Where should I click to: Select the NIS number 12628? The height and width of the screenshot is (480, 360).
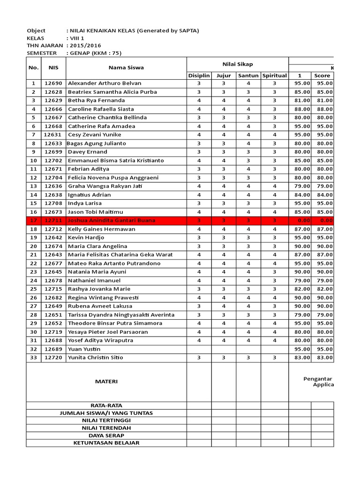coord(53,92)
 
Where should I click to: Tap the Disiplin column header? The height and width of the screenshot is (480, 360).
coord(199,75)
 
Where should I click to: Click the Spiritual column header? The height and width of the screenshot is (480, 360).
coord(275,75)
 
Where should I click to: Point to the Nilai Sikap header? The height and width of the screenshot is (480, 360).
coord(237,64)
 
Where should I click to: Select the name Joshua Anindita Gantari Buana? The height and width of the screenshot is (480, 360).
coord(117,220)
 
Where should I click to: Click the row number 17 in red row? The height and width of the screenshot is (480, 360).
coord(33,220)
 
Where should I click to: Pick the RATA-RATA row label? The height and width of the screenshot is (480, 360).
coord(106,405)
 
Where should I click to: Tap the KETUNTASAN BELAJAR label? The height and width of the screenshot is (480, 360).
coord(106,443)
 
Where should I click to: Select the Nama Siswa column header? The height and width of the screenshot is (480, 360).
coord(126,67)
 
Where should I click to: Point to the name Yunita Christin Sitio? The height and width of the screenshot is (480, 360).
coord(96,358)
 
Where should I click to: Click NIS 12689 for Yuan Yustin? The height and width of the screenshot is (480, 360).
coord(53,349)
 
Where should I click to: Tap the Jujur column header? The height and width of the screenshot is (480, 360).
coord(224,75)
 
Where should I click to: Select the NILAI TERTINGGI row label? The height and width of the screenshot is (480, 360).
coord(106,420)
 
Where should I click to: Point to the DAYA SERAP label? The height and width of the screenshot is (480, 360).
coord(106,435)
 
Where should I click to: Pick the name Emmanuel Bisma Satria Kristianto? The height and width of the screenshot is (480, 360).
coord(116,160)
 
